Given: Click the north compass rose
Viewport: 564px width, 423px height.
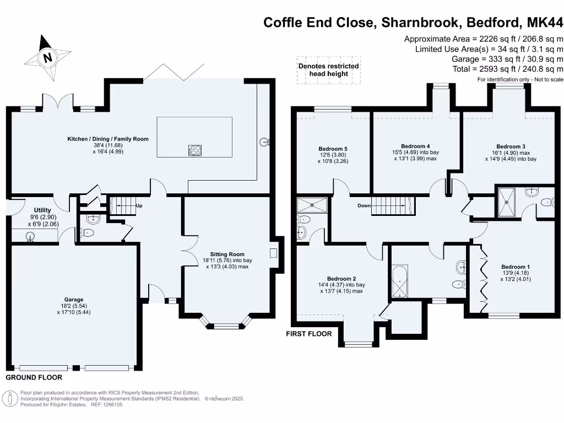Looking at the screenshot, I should point(48,57).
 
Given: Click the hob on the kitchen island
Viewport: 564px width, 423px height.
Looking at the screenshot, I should point(195,149).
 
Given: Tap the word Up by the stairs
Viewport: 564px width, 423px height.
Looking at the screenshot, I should point(139,205).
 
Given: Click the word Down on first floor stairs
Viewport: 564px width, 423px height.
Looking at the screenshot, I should point(364,205).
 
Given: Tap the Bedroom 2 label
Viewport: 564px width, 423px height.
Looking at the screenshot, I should point(341,278).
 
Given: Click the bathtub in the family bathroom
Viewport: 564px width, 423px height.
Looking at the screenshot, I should point(399,281).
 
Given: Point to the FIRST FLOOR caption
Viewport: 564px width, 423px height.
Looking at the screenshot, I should point(308,334).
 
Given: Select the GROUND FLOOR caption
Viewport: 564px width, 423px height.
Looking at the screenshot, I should point(34,378).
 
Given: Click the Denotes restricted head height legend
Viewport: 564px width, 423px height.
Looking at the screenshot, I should point(328,70).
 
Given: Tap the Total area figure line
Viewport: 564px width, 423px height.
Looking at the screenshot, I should point(507,69).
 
